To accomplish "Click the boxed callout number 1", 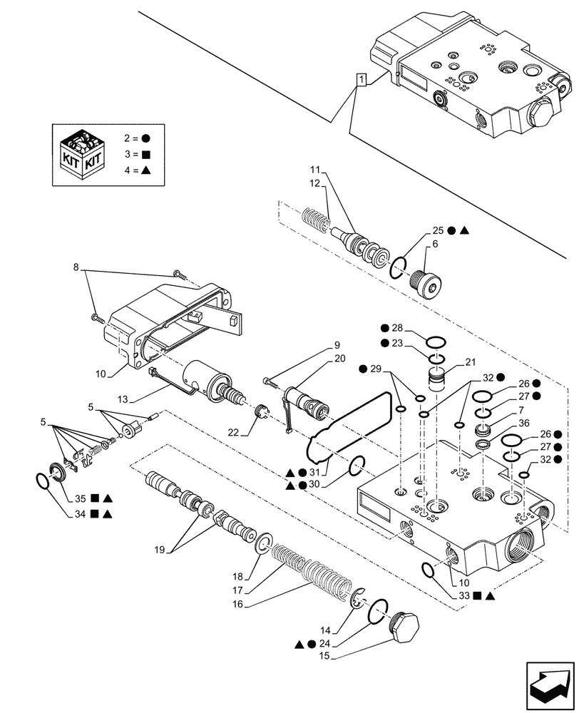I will (362, 80).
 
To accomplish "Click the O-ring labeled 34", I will (43, 480).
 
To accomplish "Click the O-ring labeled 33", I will (428, 569).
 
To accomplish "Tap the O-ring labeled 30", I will (358, 466).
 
